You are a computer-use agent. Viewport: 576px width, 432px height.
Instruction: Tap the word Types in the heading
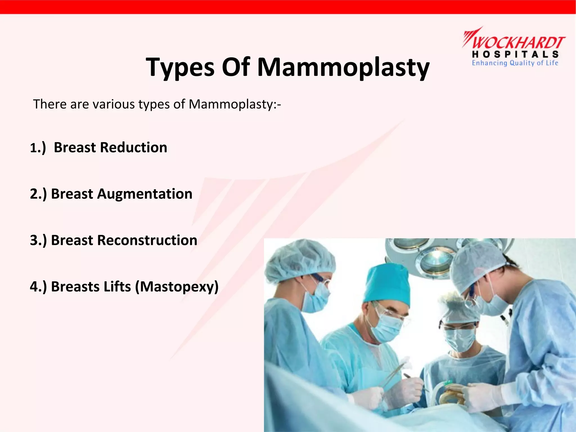pos(180,67)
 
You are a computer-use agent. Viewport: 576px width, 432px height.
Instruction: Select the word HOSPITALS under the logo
pos(515,54)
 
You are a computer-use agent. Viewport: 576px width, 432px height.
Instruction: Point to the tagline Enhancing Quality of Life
pos(515,63)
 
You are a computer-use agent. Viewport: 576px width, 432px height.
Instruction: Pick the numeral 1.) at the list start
pos(38,148)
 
